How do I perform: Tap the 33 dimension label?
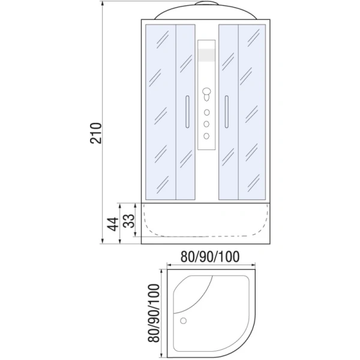[x=127, y=221]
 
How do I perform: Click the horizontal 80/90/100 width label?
[x=210, y=257]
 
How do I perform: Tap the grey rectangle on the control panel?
[x=206, y=55]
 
